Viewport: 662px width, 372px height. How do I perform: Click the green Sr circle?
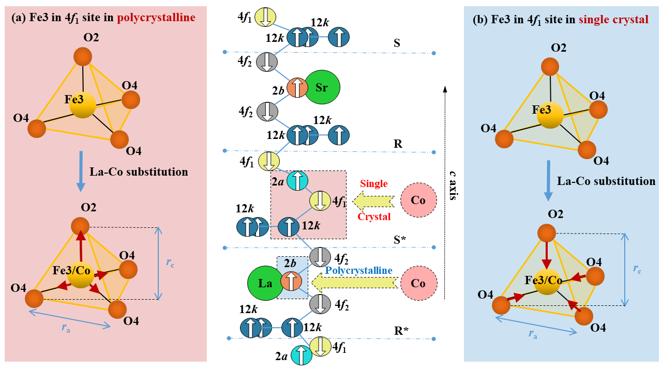[322, 87]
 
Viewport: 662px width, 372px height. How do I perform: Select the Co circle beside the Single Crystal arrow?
[418, 200]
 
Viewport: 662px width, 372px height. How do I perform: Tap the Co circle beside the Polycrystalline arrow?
[418, 283]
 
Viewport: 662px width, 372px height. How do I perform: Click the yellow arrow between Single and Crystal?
[373, 200]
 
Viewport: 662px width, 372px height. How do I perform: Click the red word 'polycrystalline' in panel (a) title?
[156, 18]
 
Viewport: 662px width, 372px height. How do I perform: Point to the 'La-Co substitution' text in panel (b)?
[606, 181]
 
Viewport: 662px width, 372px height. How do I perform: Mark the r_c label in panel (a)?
[170, 262]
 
